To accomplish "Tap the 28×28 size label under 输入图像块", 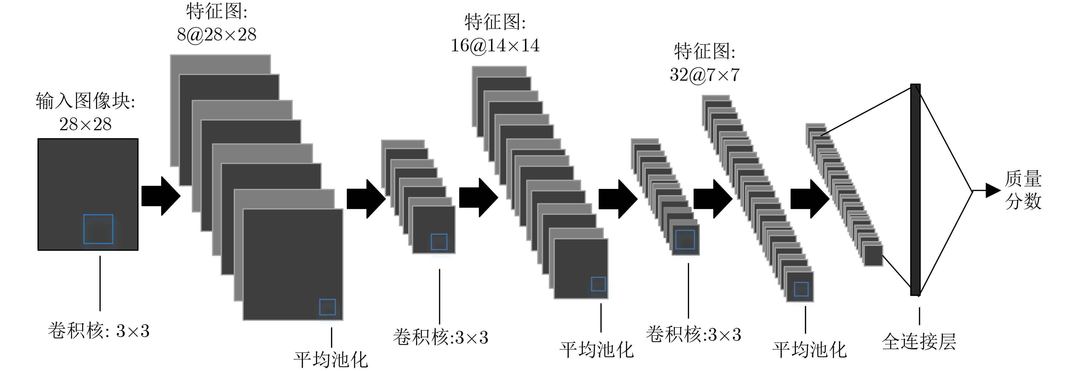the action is pyautogui.click(x=85, y=124).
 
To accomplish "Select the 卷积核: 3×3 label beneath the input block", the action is pyautogui.click(x=99, y=331).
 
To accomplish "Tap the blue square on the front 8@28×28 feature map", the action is pyautogui.click(x=327, y=307).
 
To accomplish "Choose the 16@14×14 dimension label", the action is pyautogui.click(x=495, y=46).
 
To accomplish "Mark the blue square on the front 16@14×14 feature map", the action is pyautogui.click(x=598, y=284).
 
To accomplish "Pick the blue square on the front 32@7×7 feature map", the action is pyautogui.click(x=801, y=289).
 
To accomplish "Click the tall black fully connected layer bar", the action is pyautogui.click(x=915, y=189).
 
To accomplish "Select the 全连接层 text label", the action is pyautogui.click(x=919, y=342).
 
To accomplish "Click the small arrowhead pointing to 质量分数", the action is pyautogui.click(x=993, y=190).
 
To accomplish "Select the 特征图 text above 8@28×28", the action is pyautogui.click(x=217, y=11).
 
